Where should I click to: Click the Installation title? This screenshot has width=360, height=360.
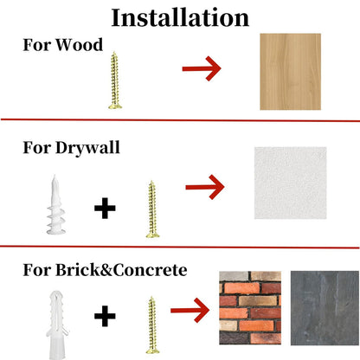(180, 17)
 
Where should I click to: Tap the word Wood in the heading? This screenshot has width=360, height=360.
(79, 45)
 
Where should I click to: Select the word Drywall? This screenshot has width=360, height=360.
(87, 148)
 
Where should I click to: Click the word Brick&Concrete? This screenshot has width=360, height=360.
(121, 270)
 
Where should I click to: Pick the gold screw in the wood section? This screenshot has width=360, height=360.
(115, 80)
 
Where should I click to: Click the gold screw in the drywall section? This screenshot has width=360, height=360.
(152, 209)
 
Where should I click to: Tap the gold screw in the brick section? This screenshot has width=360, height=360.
(152, 325)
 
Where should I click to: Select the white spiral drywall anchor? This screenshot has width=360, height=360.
(56, 205)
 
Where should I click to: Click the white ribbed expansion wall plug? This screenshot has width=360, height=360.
(57, 325)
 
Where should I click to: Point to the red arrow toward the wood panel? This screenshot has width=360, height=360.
(202, 68)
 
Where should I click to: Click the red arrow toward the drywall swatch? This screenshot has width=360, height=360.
(205, 187)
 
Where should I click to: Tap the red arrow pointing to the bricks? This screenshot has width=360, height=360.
(190, 311)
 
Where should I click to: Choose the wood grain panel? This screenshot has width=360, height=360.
(290, 72)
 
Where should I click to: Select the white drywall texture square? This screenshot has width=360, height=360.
(290, 183)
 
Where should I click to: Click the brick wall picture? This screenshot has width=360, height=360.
(250, 308)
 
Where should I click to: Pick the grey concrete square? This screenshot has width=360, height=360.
(325, 308)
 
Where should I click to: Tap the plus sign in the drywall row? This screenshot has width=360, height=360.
(105, 208)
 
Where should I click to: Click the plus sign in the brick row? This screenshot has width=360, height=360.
(105, 316)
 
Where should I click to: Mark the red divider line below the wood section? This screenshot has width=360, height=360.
(180, 120)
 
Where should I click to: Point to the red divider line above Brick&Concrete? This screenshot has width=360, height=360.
(180, 247)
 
